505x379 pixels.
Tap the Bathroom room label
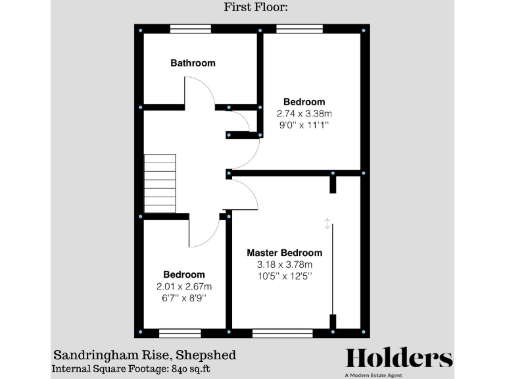tap(193, 63)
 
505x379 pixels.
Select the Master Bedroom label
tap(284, 253)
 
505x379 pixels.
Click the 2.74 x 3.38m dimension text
tap(304, 113)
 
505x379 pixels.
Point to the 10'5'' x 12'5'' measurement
tap(284, 276)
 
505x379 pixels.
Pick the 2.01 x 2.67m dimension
tap(184, 286)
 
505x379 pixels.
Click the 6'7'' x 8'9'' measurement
tap(184, 297)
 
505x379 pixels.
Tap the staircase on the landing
tap(160, 184)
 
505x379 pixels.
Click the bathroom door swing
tap(200, 92)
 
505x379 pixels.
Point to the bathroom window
tap(191, 29)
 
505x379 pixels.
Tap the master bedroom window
tap(283, 333)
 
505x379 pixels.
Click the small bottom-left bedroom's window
tap(180, 333)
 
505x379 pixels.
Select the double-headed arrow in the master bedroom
tap(327, 224)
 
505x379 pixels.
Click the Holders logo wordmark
tap(399, 359)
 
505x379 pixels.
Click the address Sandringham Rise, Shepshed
tap(144, 356)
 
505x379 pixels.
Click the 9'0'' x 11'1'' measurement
tap(304, 124)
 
